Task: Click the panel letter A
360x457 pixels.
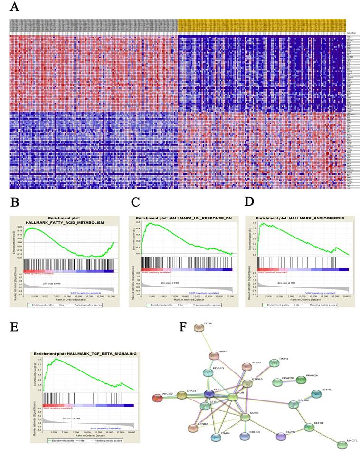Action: point(15,7)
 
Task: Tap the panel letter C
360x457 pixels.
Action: point(135,202)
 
